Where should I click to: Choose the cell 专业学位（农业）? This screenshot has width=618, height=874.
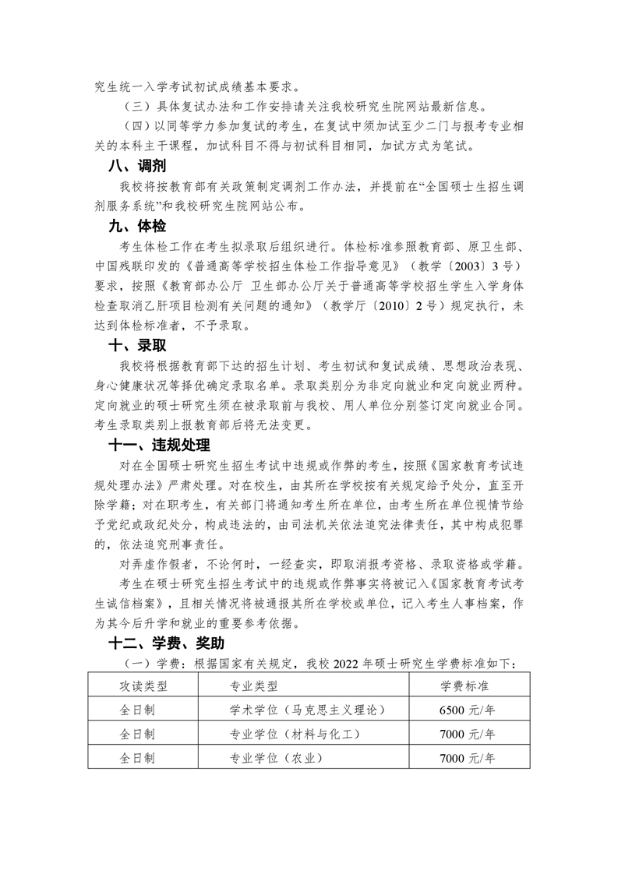274,758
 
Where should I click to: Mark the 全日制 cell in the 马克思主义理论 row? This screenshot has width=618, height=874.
137,710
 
